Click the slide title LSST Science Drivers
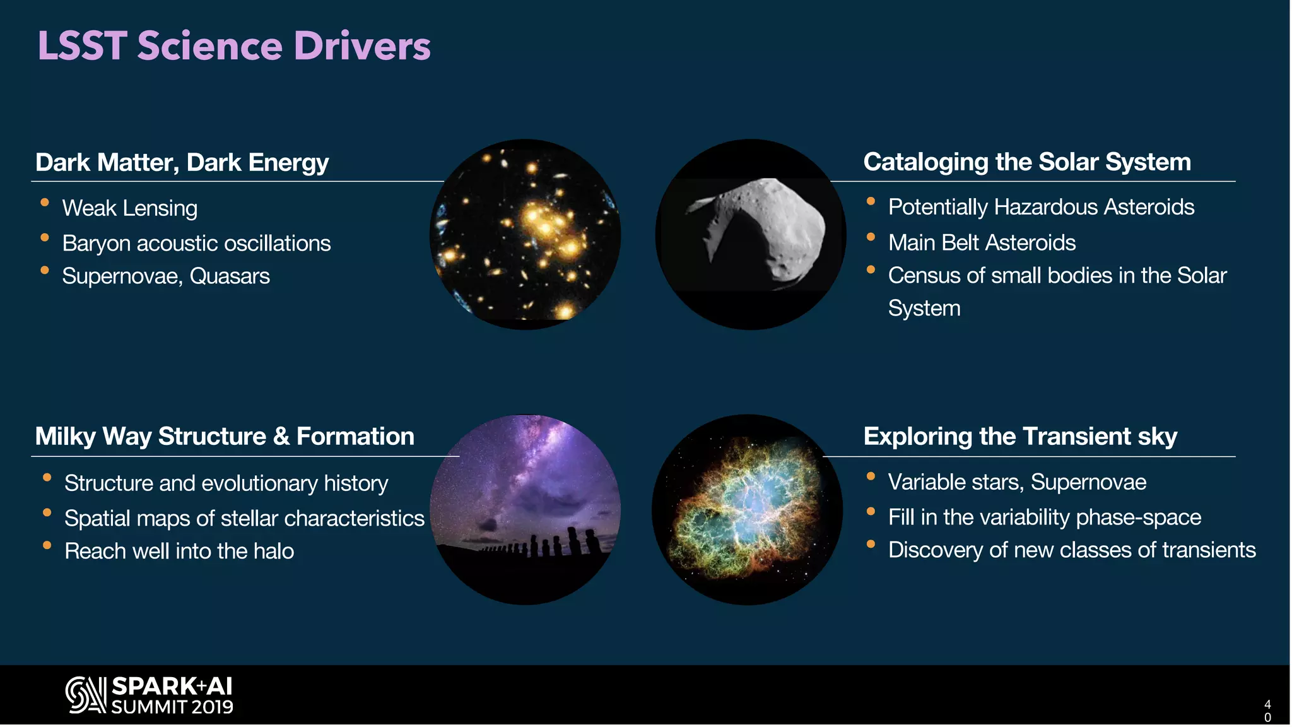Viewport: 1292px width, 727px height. (233, 46)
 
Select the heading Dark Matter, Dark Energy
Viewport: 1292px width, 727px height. (182, 162)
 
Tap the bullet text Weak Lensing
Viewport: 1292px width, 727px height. (129, 208)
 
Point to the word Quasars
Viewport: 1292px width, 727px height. (230, 276)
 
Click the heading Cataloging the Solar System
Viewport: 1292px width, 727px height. (1026, 162)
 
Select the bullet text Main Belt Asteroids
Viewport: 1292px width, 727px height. (982, 242)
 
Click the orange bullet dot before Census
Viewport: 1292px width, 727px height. (871, 270)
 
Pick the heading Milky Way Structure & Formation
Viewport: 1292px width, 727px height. (225, 436)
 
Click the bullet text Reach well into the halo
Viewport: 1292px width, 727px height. (179, 551)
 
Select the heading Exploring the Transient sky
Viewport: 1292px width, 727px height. (1019, 436)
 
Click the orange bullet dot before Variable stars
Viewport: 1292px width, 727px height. (871, 476)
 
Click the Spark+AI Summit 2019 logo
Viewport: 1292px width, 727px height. (150, 695)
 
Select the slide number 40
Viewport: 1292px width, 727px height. (1267, 711)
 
